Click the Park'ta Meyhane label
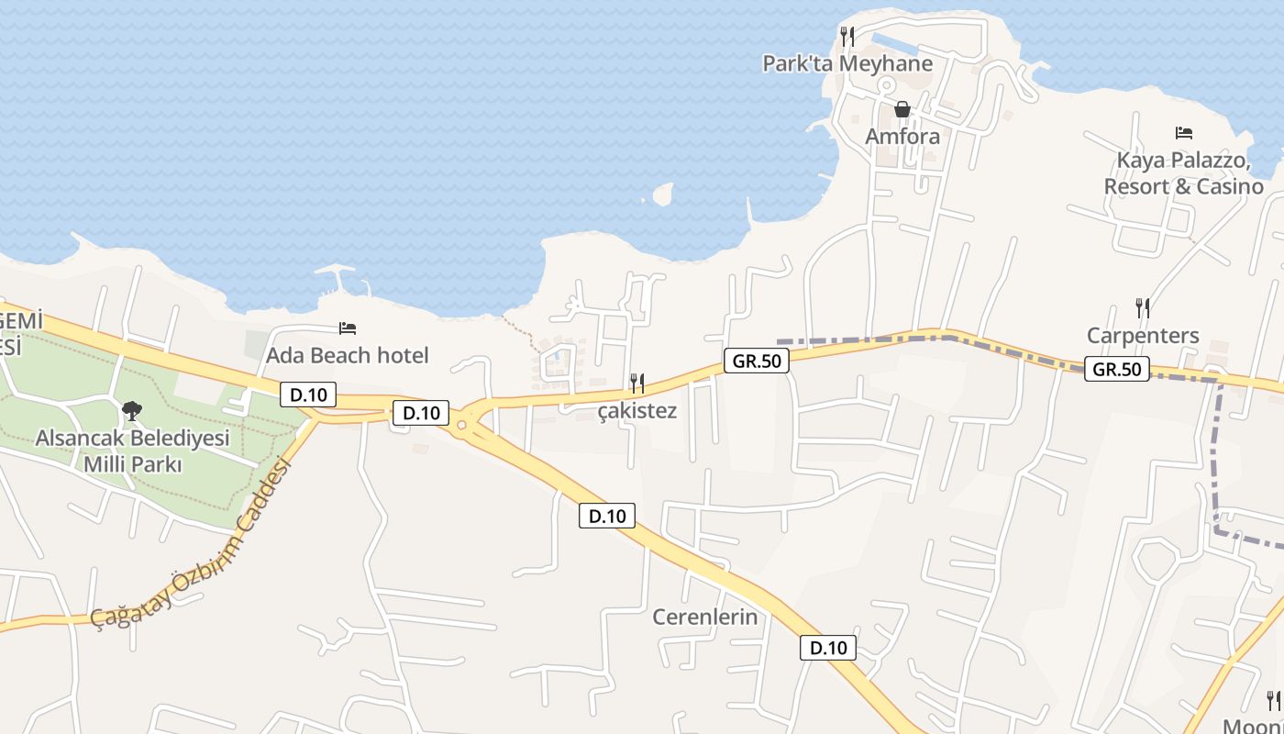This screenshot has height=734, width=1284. pos(847,63)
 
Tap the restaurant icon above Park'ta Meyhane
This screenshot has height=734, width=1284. pos(847,37)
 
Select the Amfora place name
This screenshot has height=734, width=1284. pos(902,137)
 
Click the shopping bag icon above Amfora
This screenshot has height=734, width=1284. pos(902,109)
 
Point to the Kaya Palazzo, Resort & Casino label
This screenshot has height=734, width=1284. pos(1183,173)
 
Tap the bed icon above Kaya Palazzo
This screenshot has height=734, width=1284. pos(1183,133)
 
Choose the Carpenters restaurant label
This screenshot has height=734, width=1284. pos(1143,335)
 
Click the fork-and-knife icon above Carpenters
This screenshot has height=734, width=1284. pos(1143,308)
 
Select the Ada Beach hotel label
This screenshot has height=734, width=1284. pos(347,355)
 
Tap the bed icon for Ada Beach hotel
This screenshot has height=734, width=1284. pos(347,328)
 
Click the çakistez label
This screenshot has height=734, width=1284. pos(637,411)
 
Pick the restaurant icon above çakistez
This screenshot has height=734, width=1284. pos(637,383)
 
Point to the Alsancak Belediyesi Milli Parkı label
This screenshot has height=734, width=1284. pos(132,450)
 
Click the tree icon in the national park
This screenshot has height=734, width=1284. pos(132,410)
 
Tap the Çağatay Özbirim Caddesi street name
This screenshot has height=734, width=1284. pos(193,546)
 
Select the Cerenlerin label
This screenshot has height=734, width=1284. pos(705,617)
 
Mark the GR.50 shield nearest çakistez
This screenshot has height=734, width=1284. pos(757,361)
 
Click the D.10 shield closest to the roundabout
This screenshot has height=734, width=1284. pos(421,413)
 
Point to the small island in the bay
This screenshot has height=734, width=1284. pos(662,194)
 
